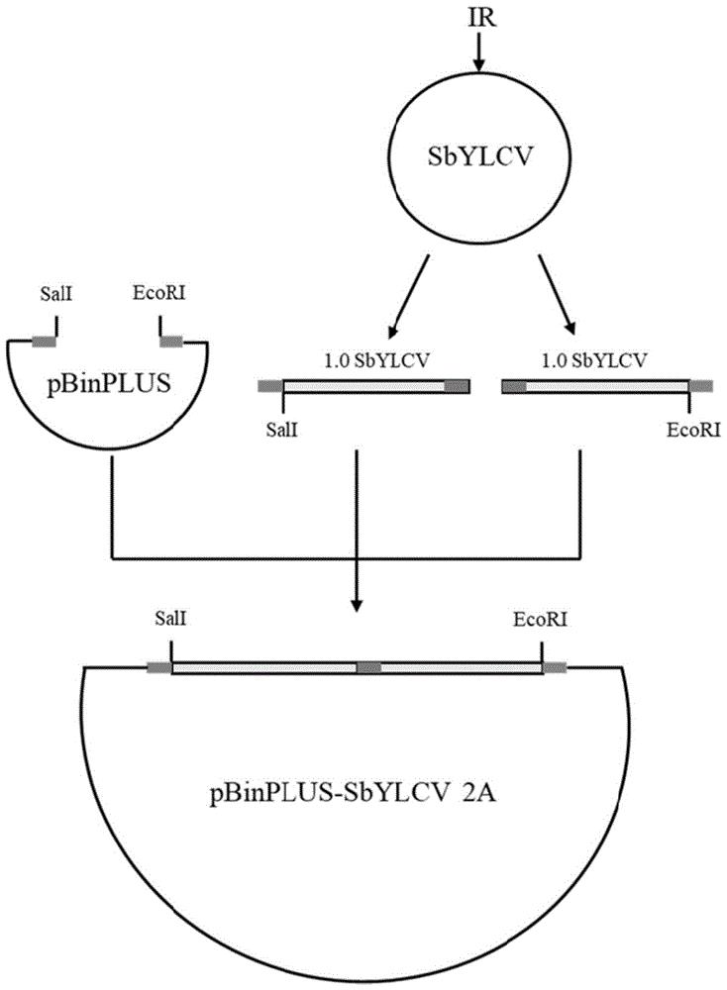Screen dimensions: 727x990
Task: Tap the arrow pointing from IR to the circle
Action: point(478,51)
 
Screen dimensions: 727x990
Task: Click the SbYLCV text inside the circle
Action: point(480,156)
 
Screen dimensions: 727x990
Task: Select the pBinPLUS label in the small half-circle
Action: point(109,383)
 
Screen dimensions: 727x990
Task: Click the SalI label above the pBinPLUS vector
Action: point(56,294)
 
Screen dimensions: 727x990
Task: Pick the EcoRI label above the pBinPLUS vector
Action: point(159,293)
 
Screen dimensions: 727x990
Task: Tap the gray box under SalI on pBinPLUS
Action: point(45,342)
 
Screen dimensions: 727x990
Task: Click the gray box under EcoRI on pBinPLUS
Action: point(171,342)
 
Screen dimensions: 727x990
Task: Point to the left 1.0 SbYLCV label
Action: point(376,360)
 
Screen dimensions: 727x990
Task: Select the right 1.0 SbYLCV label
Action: point(594,360)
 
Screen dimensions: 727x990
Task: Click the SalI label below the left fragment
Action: point(281,431)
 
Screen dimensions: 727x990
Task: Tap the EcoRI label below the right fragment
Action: point(693,431)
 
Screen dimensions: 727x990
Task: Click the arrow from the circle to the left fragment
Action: point(409,295)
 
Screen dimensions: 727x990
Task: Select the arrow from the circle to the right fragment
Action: point(557,294)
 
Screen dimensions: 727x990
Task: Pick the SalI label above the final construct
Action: point(170,619)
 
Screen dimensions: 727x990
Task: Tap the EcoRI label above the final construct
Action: point(540,620)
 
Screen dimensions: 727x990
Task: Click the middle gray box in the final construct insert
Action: point(368,667)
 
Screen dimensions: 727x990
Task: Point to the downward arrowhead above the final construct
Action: point(357,605)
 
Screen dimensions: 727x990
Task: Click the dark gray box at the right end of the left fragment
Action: point(458,386)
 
